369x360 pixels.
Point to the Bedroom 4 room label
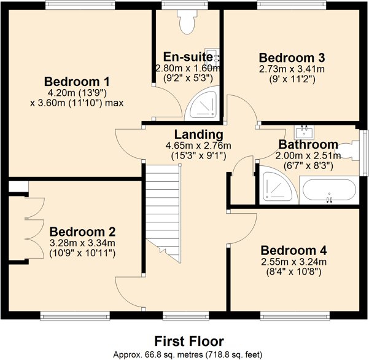(x=293, y=251)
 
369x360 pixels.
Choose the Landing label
(x=198, y=135)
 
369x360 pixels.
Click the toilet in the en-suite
(x=185, y=22)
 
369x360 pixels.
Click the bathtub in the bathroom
(x=327, y=189)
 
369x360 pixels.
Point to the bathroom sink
(x=305, y=131)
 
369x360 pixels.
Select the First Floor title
(x=188, y=341)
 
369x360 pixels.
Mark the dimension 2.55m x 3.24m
(x=293, y=262)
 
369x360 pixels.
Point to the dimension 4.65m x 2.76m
(x=198, y=146)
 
